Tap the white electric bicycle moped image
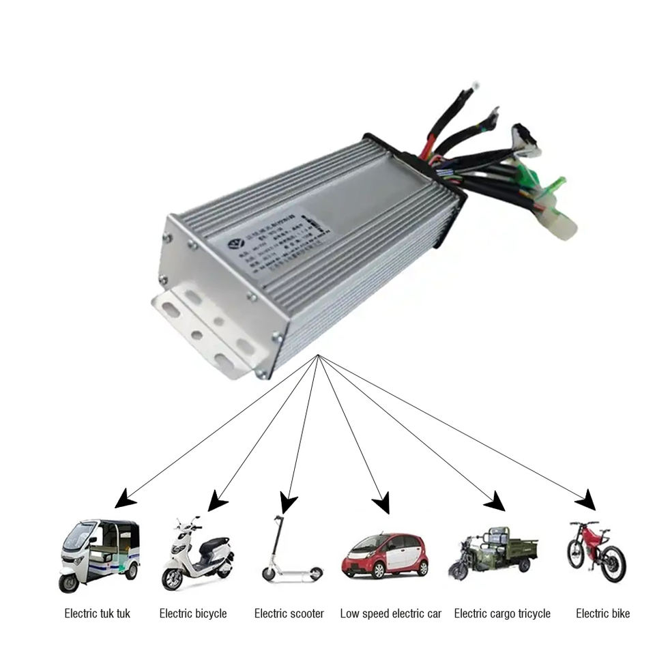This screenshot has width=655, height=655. click(x=196, y=553)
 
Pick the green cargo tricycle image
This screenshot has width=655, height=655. click(x=493, y=551)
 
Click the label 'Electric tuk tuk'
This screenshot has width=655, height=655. click(x=97, y=613)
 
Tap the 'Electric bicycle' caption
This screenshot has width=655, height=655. click(x=193, y=613)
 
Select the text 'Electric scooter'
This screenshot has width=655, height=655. click(x=289, y=613)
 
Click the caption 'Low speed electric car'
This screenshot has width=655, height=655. click(x=390, y=613)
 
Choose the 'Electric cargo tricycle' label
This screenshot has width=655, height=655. click(x=502, y=613)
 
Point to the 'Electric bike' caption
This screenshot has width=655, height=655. click(x=602, y=613)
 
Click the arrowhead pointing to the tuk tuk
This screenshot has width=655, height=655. click(x=124, y=499)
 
